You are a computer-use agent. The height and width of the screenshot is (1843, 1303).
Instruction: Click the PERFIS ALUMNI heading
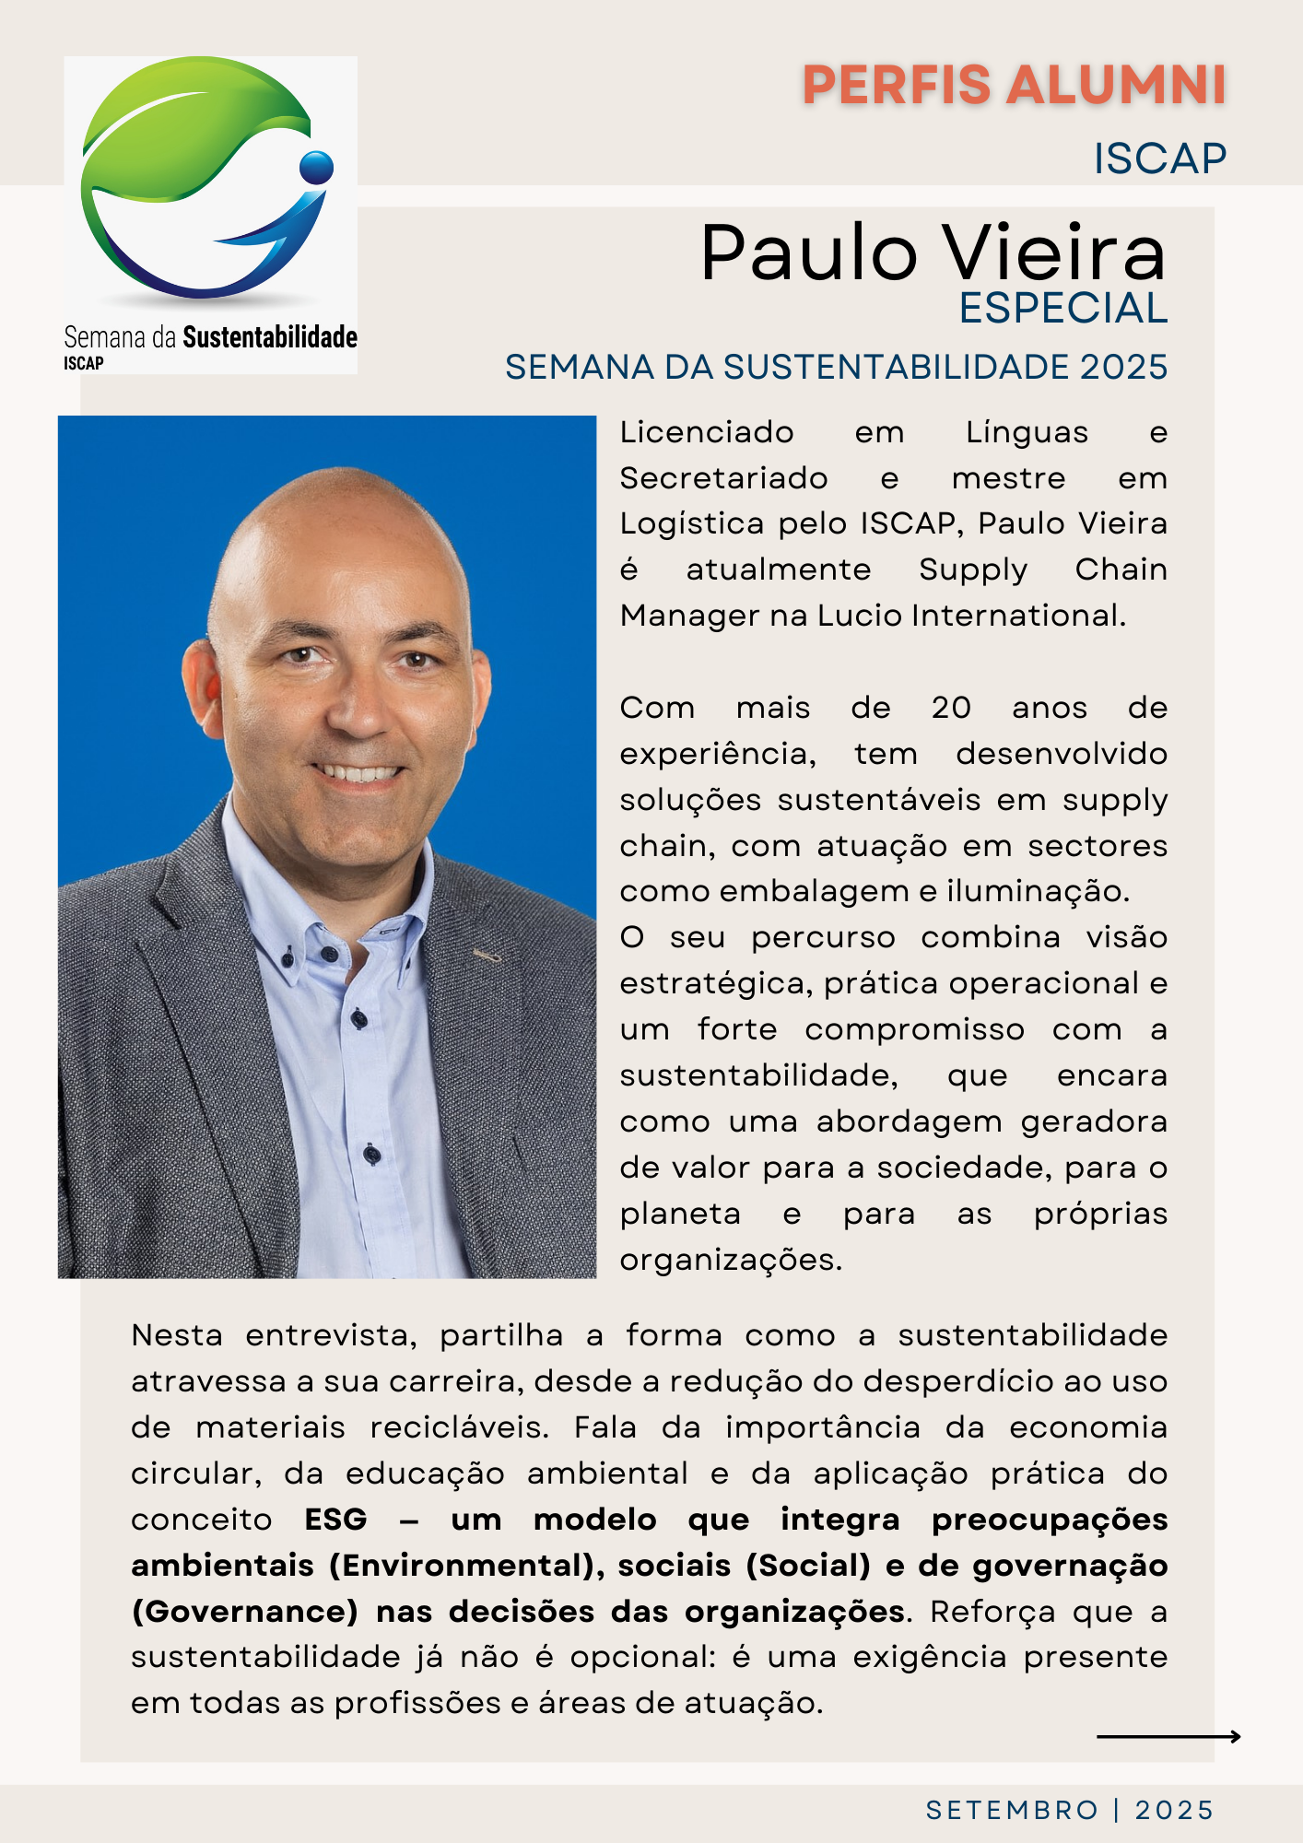(1014, 86)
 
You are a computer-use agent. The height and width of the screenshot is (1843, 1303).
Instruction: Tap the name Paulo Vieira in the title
(933, 252)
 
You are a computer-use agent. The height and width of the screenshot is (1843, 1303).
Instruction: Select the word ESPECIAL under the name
(1062, 309)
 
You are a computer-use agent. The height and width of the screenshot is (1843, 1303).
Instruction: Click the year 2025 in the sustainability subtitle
(1123, 368)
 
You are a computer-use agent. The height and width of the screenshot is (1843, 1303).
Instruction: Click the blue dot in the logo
(317, 167)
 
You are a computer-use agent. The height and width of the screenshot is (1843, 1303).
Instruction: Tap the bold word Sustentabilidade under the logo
(270, 337)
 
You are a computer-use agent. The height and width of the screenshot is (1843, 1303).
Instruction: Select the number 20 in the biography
(951, 708)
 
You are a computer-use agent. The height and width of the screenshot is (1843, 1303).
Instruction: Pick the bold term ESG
(336, 1520)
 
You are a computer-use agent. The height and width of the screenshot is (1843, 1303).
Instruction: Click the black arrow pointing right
(1168, 1737)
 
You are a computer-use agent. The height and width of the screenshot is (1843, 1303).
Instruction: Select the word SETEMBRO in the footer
(1012, 1811)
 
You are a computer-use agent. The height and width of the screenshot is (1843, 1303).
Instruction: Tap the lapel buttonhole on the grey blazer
(487, 956)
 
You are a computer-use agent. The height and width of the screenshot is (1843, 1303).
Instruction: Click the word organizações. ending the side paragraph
(731, 1260)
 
